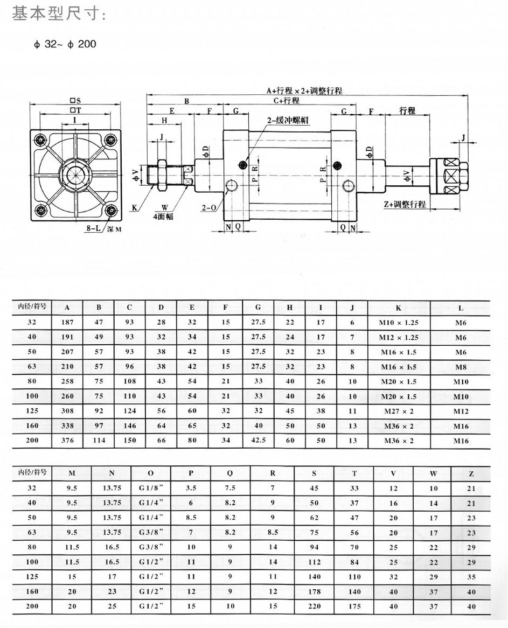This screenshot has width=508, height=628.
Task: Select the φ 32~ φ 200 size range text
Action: click(x=65, y=44)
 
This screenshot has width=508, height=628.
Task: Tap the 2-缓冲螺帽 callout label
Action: click(x=288, y=120)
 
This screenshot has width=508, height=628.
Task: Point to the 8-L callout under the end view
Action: click(x=93, y=229)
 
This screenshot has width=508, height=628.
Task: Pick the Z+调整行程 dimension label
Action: click(x=404, y=204)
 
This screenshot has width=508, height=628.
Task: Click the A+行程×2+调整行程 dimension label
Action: click(x=304, y=91)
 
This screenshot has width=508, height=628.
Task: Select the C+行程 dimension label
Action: click(x=287, y=101)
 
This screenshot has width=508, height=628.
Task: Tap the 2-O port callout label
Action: click(x=208, y=207)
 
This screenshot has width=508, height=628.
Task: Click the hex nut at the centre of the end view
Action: click(x=75, y=175)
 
